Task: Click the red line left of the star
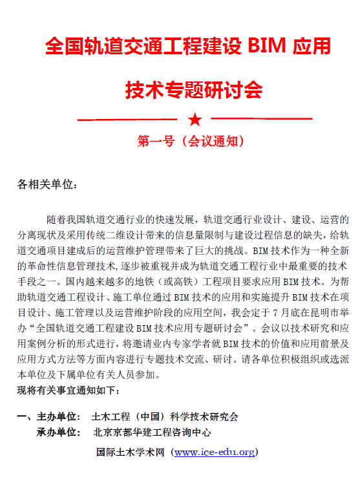tap(127, 120)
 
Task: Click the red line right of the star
tap(262, 120)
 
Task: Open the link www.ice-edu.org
tap(215, 452)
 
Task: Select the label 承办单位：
tap(59, 432)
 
